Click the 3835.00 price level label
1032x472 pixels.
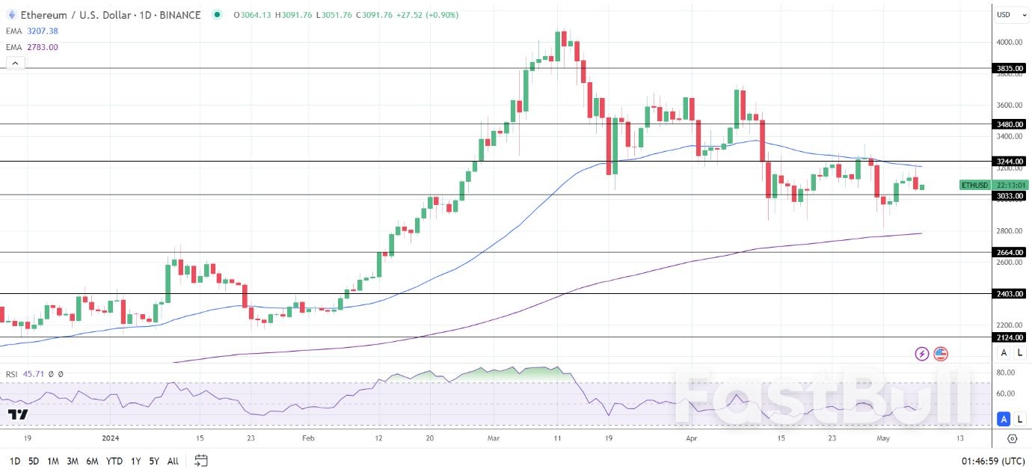click(x=1010, y=69)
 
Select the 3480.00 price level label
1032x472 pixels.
click(x=1010, y=124)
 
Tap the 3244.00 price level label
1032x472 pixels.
click(x=1010, y=162)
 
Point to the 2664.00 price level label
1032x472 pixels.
click(x=1010, y=253)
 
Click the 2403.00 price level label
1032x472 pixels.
click(x=1010, y=294)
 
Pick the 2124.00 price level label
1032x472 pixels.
click(x=1010, y=338)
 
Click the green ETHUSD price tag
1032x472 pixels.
click(x=975, y=185)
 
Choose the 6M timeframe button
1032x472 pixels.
click(x=92, y=461)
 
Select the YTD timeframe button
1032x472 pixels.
click(x=114, y=461)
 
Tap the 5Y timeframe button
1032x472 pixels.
click(x=153, y=461)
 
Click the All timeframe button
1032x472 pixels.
click(x=172, y=461)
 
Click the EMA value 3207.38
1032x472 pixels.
click(x=43, y=31)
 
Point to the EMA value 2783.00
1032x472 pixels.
click(x=43, y=47)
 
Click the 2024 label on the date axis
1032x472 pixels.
click(x=110, y=438)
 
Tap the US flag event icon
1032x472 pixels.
click(x=941, y=354)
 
